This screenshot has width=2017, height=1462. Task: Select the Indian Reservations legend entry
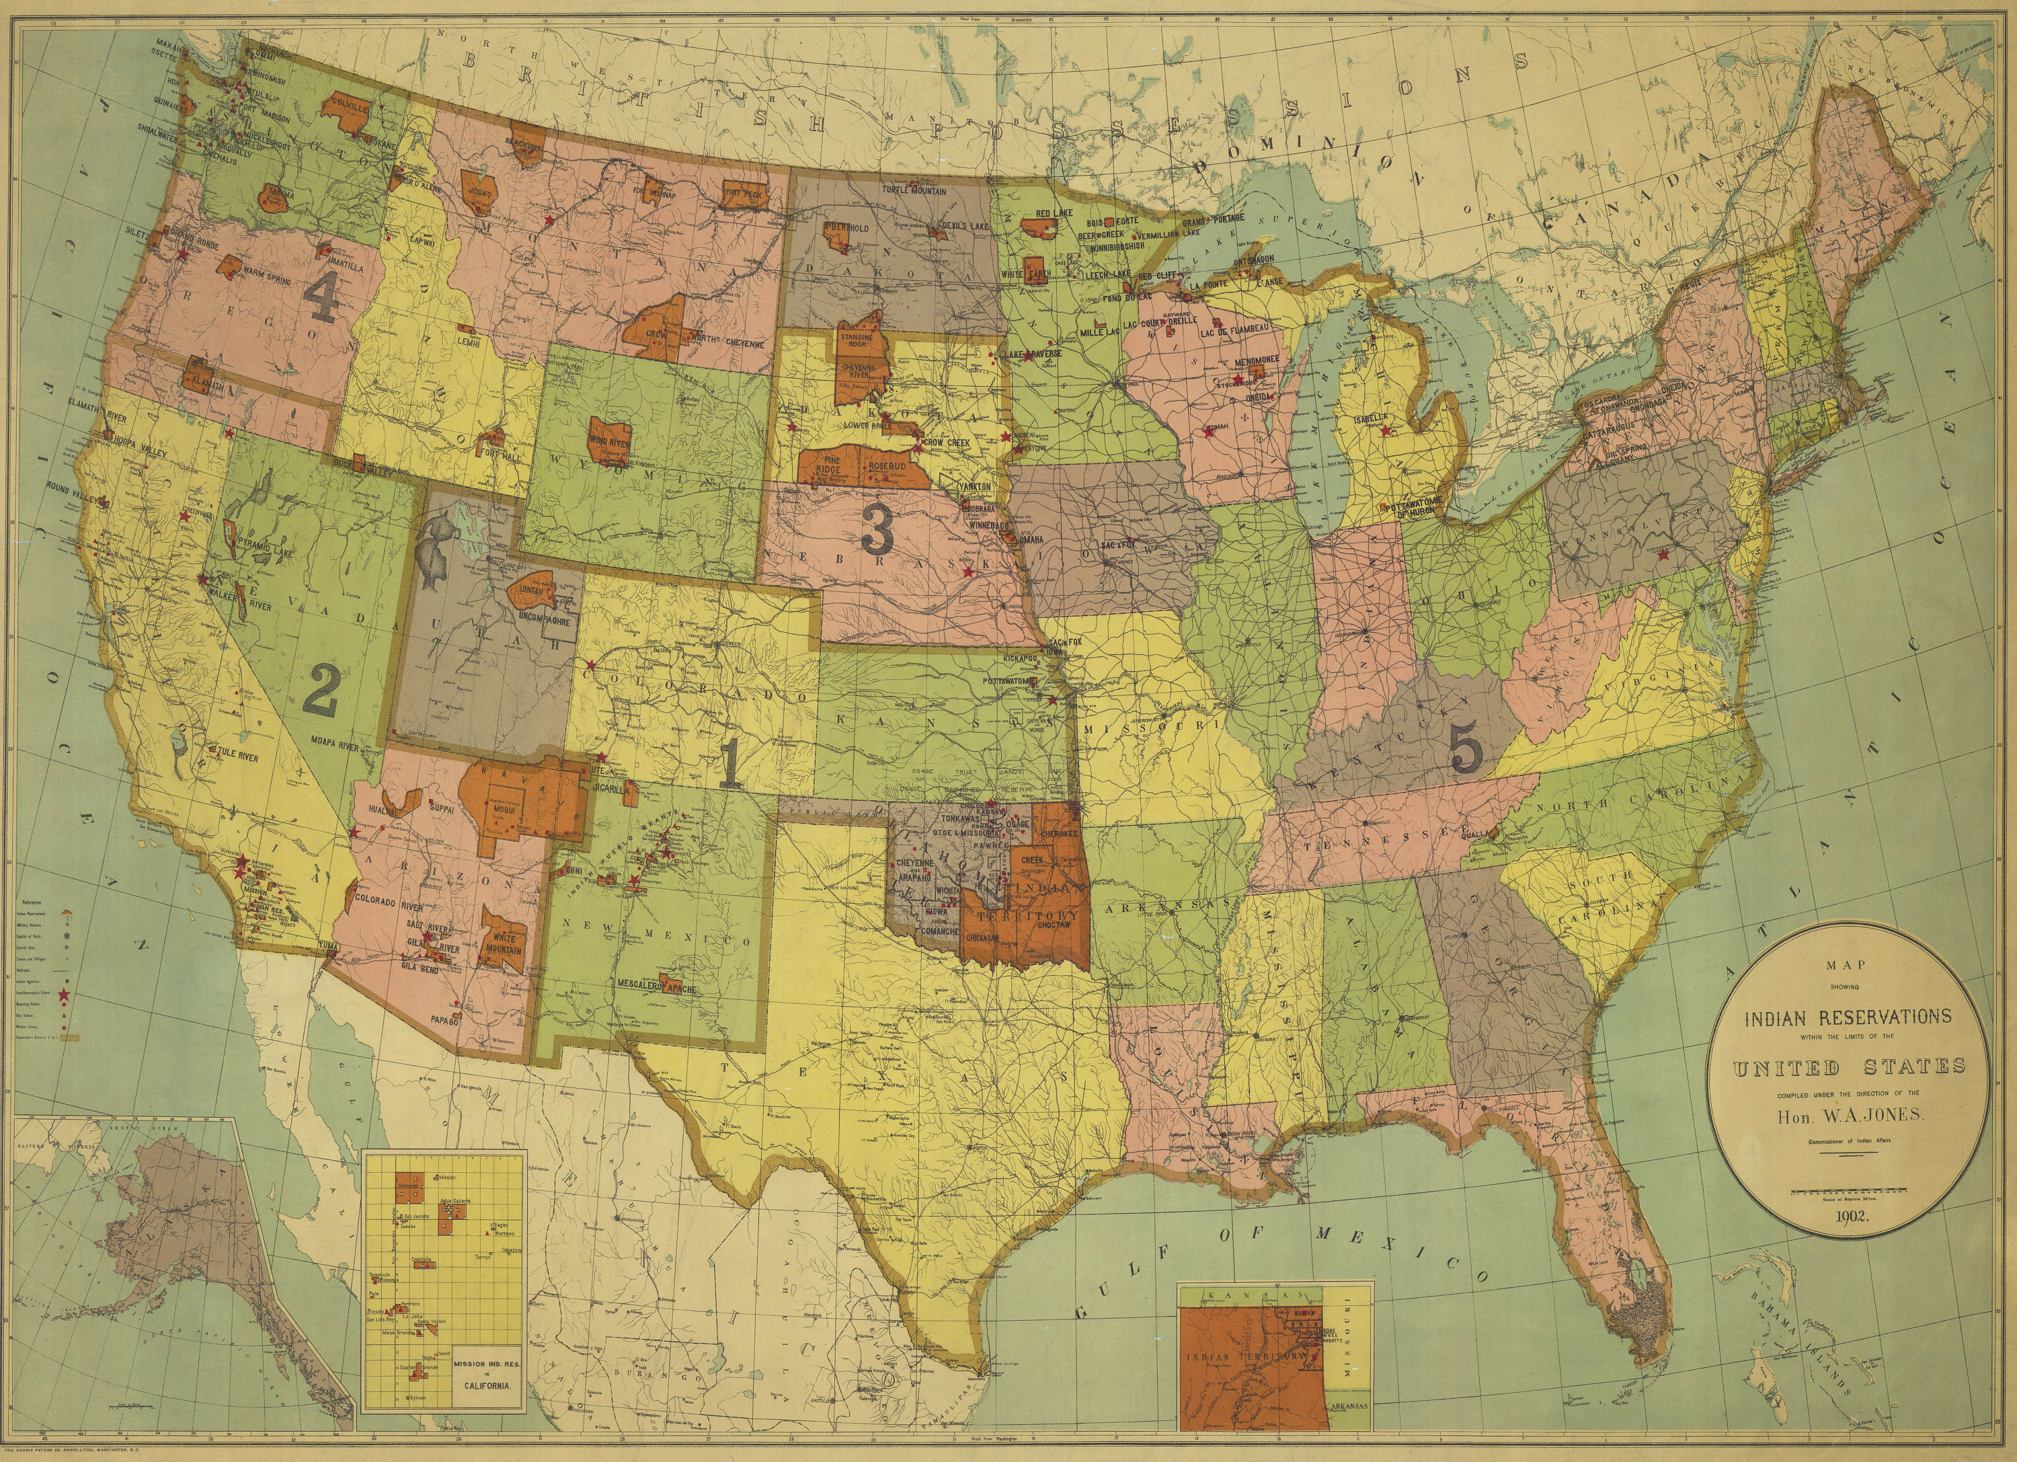tap(31, 913)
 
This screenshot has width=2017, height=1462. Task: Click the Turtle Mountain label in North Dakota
tap(913, 190)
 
